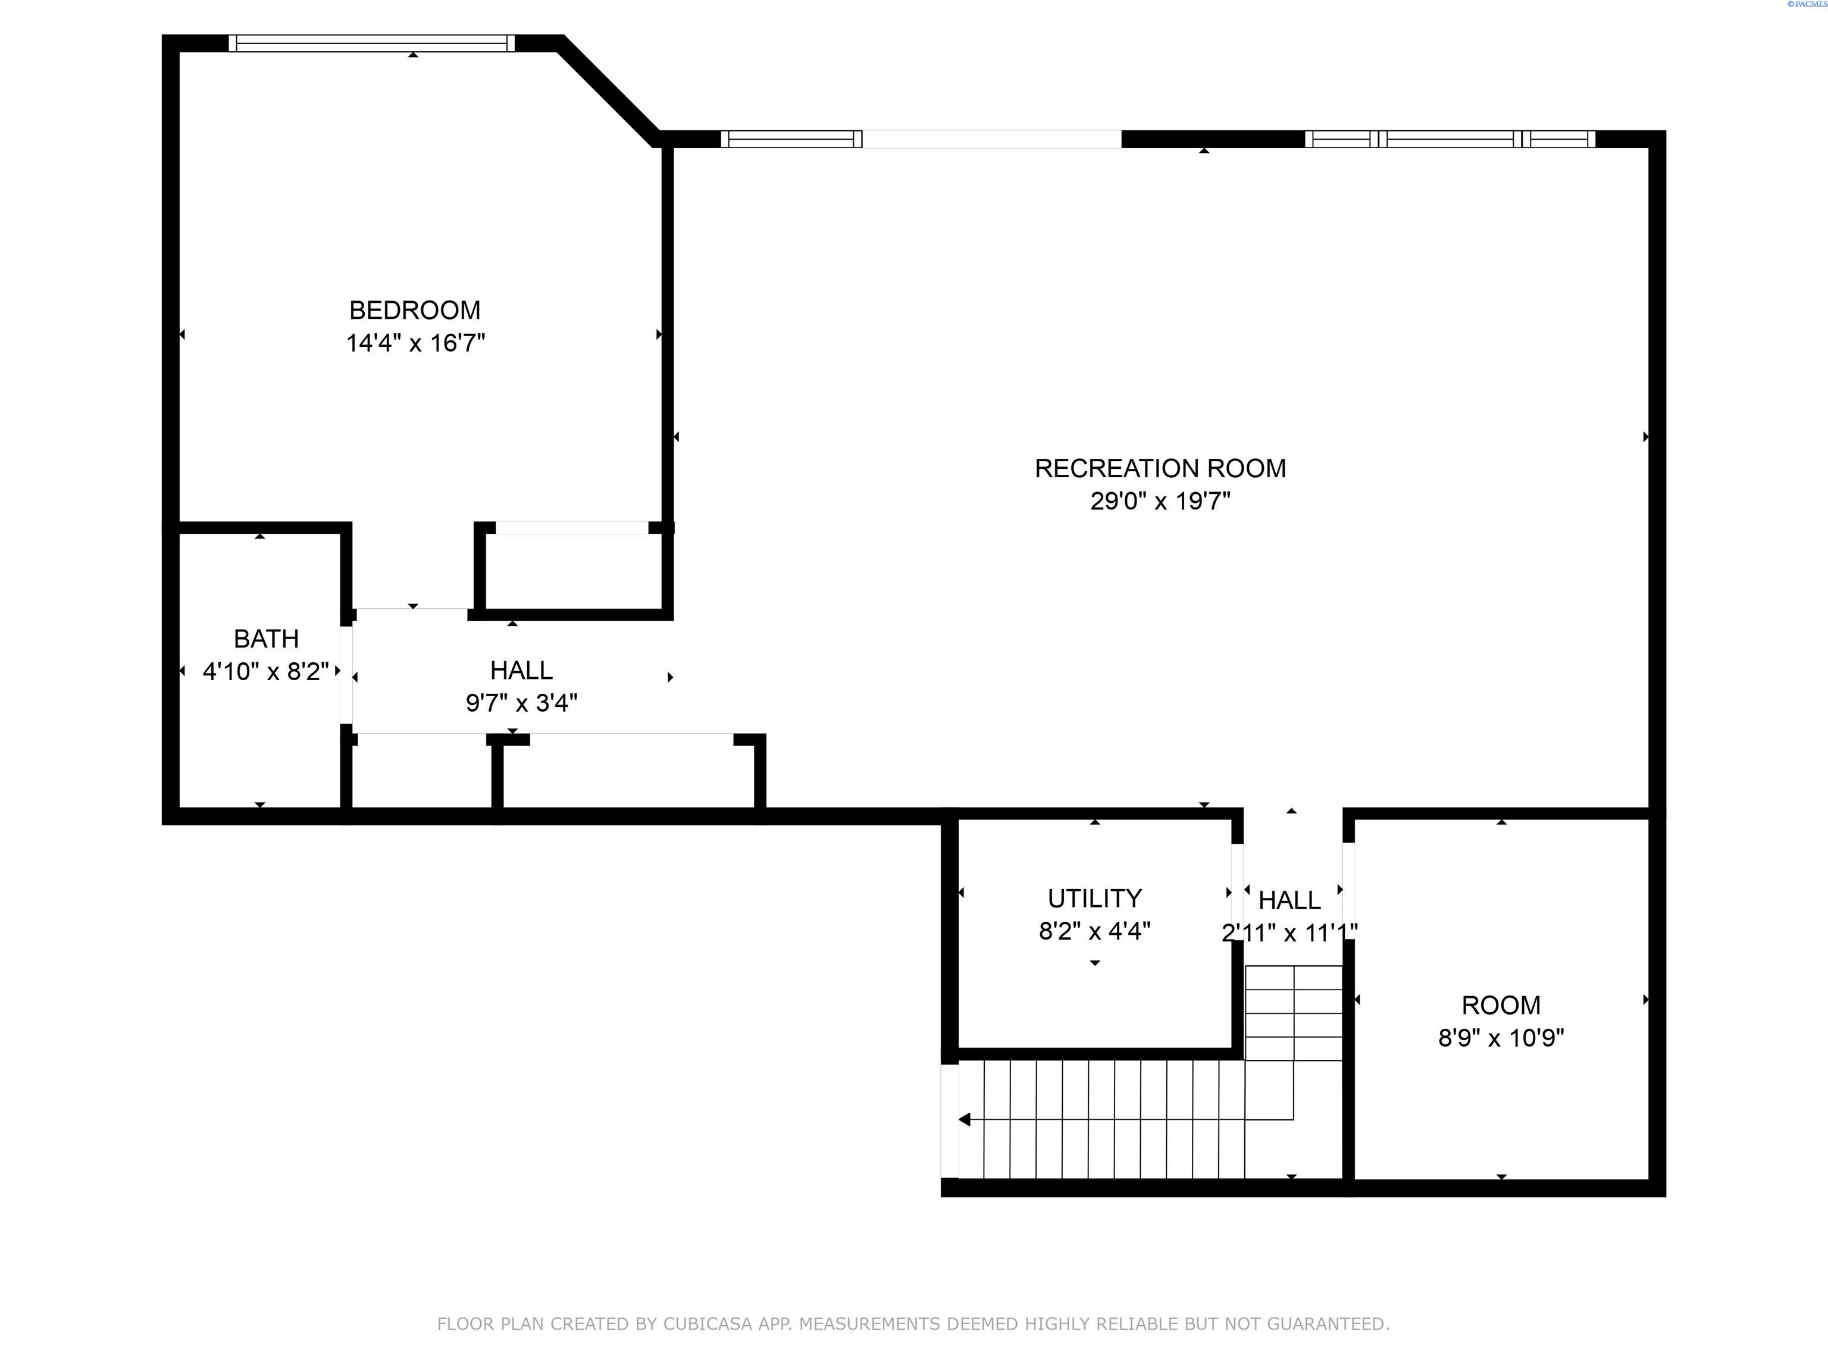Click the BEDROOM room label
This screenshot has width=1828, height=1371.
coord(415,310)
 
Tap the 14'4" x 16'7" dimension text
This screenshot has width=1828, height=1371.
coord(415,343)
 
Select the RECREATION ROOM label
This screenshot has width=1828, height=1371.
coord(1160,468)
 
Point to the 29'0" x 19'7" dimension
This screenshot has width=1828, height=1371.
coord(1160,502)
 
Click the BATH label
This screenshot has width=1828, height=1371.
coord(266,639)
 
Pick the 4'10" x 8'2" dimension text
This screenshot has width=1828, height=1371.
coord(266,671)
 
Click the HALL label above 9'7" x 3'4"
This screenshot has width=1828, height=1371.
coord(521,670)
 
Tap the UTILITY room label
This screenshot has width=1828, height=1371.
coord(1095,899)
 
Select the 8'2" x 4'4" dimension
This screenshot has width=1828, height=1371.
coord(1095,931)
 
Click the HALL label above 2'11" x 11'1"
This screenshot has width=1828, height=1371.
coord(1289,900)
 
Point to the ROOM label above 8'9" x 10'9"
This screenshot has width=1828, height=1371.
coord(1501,1005)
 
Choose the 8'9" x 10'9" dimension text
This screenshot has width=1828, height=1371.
coord(1501,1038)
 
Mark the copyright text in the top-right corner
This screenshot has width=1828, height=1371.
coord(1807,4)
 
